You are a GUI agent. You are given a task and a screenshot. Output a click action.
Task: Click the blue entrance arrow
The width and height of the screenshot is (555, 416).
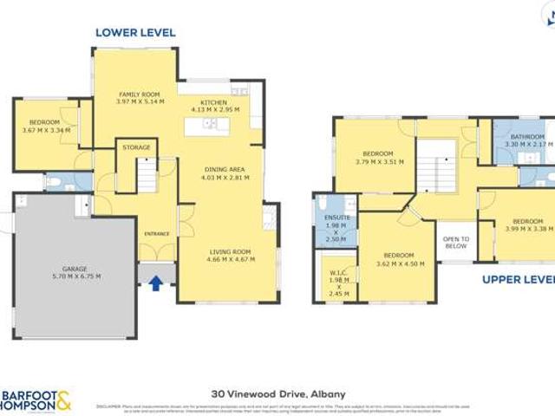coord(156,283)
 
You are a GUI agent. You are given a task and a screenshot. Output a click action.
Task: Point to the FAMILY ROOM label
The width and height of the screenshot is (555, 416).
coord(139,98)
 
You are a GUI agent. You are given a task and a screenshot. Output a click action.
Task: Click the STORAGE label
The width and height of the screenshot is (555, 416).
coord(136,147)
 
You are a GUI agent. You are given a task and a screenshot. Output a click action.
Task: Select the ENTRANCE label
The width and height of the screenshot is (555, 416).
coord(158,233)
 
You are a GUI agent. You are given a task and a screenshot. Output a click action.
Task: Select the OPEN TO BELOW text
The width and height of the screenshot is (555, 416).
coord(456,242)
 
